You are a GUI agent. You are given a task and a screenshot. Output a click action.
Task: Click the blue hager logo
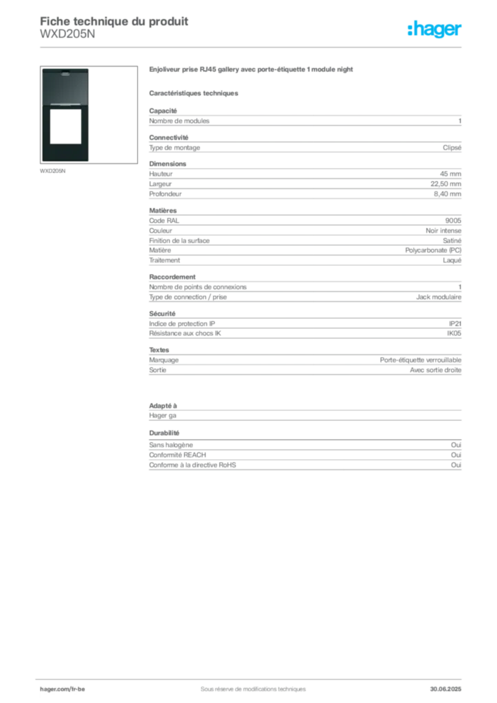(435, 30)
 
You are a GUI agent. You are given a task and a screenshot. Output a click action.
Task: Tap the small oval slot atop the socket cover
(65, 71)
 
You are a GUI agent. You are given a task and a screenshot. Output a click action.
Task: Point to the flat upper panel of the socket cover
(65, 86)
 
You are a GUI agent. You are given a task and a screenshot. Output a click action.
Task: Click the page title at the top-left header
(114, 19)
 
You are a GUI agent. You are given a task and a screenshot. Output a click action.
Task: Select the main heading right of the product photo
(252, 70)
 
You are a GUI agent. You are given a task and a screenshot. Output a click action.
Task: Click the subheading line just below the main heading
(195, 93)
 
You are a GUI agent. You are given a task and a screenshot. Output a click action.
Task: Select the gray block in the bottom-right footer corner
(447, 685)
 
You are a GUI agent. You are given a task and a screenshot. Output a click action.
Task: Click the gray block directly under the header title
(68, 38)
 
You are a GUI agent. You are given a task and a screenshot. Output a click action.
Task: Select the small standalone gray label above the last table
(165, 433)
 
